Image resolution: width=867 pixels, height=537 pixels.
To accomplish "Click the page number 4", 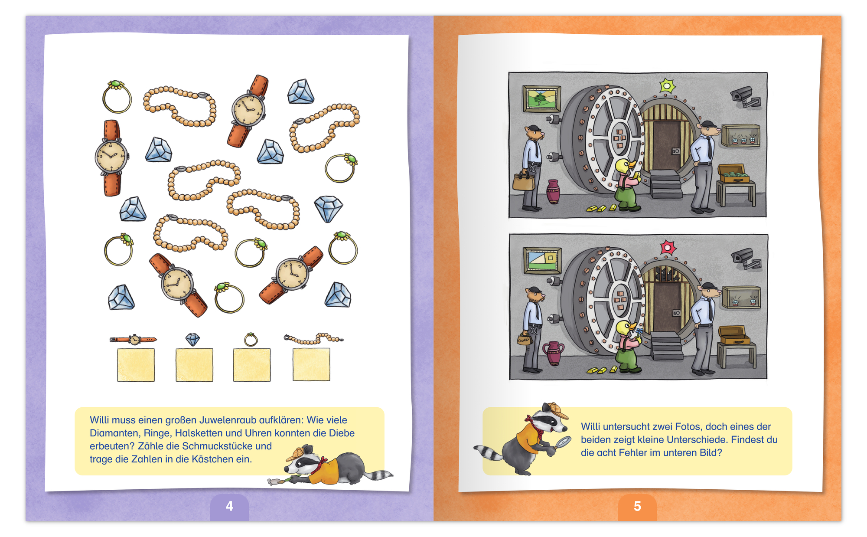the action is pyautogui.click(x=229, y=506).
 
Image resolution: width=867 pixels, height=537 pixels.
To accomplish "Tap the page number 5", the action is pyautogui.click(x=637, y=506).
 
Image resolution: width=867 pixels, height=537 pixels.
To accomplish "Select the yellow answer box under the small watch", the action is pyautogui.click(x=136, y=365).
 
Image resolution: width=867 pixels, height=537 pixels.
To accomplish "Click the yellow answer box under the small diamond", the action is pyautogui.click(x=194, y=365).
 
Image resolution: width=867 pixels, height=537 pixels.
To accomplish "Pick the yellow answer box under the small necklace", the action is pyautogui.click(x=311, y=365).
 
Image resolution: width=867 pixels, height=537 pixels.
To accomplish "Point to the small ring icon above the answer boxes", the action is pyautogui.click(x=251, y=340).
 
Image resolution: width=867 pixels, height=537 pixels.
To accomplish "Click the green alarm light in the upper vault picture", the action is pyautogui.click(x=667, y=86).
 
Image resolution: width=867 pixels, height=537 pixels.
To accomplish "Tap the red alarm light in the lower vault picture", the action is pyautogui.click(x=668, y=248).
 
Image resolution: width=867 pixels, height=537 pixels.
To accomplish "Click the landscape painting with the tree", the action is pyautogui.click(x=541, y=98).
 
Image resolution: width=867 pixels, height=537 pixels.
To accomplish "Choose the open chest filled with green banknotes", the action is pyautogui.click(x=733, y=174).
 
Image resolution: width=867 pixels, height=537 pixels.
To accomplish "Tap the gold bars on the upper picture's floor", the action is pyautogui.click(x=601, y=208).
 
